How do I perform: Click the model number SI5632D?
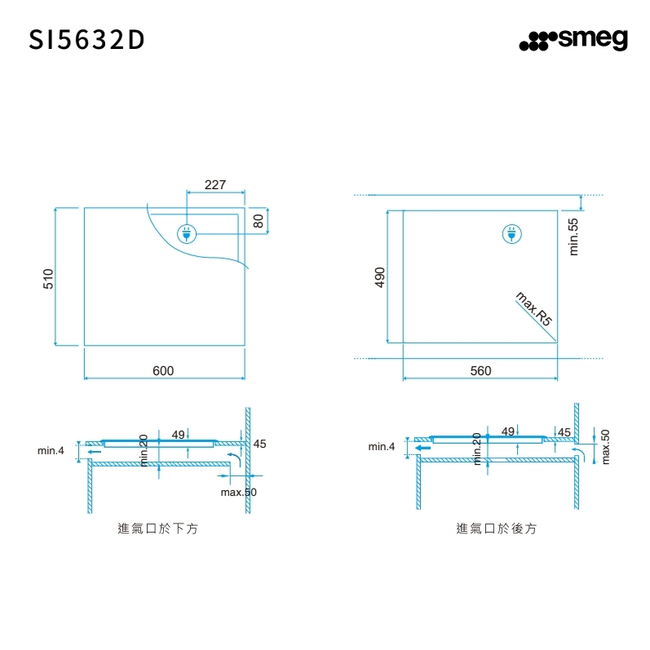tap(87, 40)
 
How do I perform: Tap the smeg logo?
tap(573, 40)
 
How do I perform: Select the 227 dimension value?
tap(214, 185)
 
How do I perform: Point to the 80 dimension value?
tap(258, 221)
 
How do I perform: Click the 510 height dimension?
tap(48, 277)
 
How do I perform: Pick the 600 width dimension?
tap(163, 371)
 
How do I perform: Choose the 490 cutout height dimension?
tap(379, 277)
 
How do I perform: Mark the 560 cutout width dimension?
tap(481, 371)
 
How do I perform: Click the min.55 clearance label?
tap(573, 237)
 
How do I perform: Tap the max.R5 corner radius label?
tap(534, 309)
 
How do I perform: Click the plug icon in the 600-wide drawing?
tap(186, 234)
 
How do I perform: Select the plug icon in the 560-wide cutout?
tap(511, 234)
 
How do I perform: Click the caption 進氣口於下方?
tap(158, 528)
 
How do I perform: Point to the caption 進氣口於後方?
tap(497, 528)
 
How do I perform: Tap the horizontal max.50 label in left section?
tap(239, 493)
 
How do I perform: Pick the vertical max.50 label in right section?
tap(605, 446)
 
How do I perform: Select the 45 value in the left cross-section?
tap(259, 444)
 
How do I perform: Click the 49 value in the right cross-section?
tap(508, 431)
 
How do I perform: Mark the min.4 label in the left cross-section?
tap(51, 450)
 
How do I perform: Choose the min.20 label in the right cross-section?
tap(478, 449)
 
